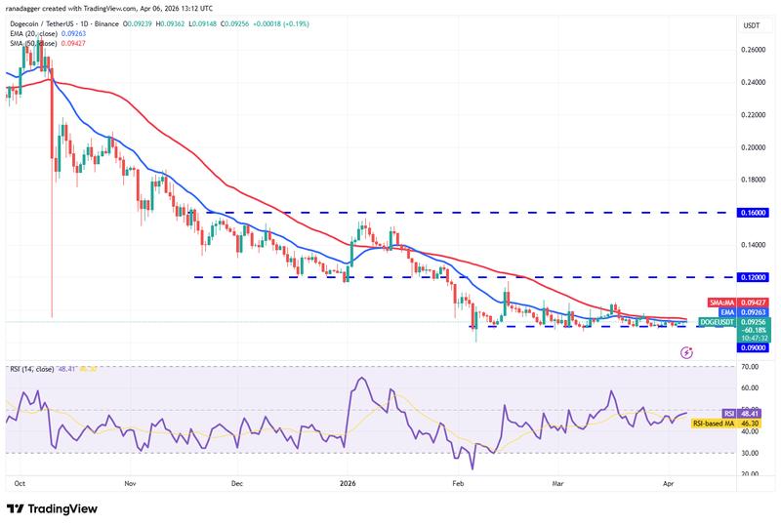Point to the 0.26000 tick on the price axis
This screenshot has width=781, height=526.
[x=752, y=49]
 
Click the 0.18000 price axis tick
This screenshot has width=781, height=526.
[x=752, y=180]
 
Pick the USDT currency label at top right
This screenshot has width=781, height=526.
[x=752, y=24]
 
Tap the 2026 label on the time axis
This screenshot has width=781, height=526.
[x=349, y=482]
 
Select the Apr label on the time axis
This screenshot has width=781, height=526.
[x=667, y=482]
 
